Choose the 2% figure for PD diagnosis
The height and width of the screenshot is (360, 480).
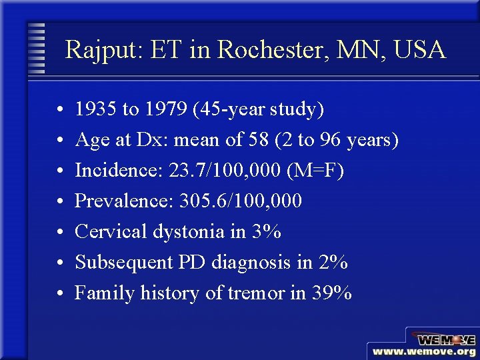pos(333,262)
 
